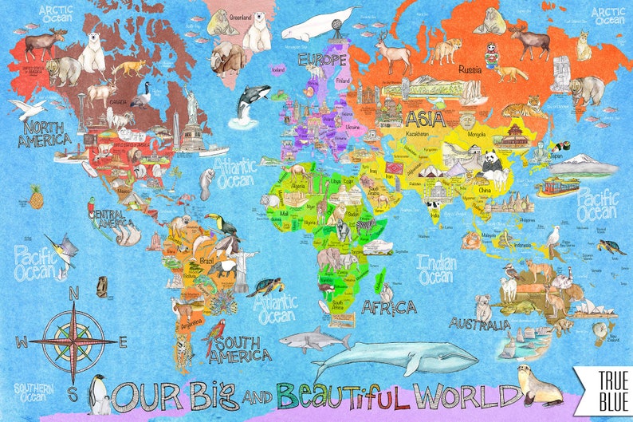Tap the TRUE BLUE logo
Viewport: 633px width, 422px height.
pyautogui.click(x=603, y=389)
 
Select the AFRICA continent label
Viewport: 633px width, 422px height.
pyautogui.click(x=388, y=307)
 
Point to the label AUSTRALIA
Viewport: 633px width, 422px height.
pyautogui.click(x=479, y=325)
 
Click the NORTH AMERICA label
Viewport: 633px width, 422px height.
pyautogui.click(x=45, y=132)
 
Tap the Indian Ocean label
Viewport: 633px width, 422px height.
pyautogui.click(x=436, y=268)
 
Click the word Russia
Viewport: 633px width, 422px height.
pyautogui.click(x=470, y=70)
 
